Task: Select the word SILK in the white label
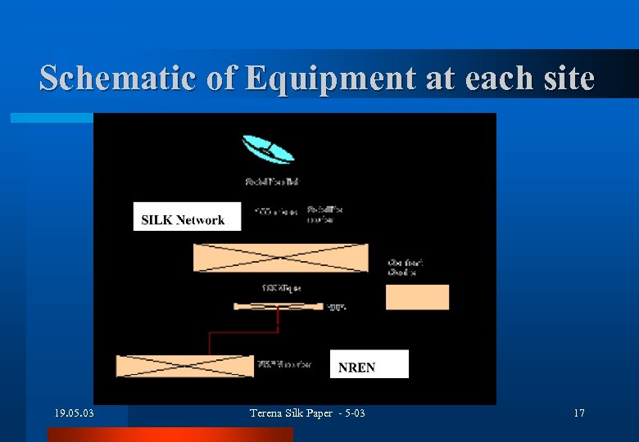tap(156, 219)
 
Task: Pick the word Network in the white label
tap(200, 219)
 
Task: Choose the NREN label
tap(356, 368)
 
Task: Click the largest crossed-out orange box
tap(280, 258)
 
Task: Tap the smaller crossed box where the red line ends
tap(185, 365)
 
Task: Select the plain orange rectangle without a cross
tap(417, 296)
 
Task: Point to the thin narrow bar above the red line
tap(279, 307)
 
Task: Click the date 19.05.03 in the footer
tap(74, 413)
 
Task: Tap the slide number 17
tap(578, 413)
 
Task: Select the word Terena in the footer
tap(267, 413)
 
